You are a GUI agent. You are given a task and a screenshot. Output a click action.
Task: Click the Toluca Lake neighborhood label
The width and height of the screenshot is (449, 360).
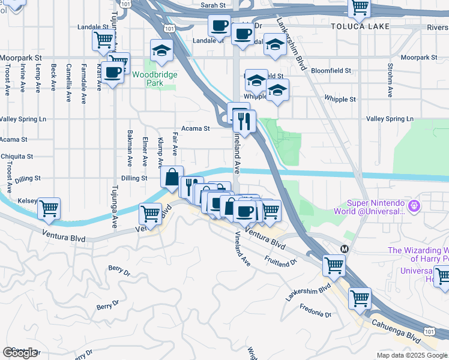tap(360, 26)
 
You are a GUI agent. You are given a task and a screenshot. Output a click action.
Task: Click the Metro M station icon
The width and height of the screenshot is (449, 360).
tap(345, 248)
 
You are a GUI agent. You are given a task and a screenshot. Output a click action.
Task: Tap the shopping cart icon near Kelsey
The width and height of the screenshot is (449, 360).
tap(49, 209)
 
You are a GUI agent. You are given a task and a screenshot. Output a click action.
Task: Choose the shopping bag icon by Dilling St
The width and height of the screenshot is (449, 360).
tap(172, 177)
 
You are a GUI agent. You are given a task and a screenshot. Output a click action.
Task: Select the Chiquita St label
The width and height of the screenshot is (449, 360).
tap(16, 157)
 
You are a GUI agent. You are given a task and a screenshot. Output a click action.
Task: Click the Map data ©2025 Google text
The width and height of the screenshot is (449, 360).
tap(412, 355)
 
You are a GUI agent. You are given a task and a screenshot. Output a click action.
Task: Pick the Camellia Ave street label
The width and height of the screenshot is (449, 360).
tap(69, 76)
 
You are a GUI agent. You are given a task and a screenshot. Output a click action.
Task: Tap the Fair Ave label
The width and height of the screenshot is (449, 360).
tap(175, 143)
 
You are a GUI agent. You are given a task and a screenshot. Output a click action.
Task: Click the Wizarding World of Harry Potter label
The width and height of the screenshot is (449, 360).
tap(418, 254)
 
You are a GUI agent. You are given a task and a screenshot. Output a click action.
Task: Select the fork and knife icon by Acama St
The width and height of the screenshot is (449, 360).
tap(244, 122)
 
